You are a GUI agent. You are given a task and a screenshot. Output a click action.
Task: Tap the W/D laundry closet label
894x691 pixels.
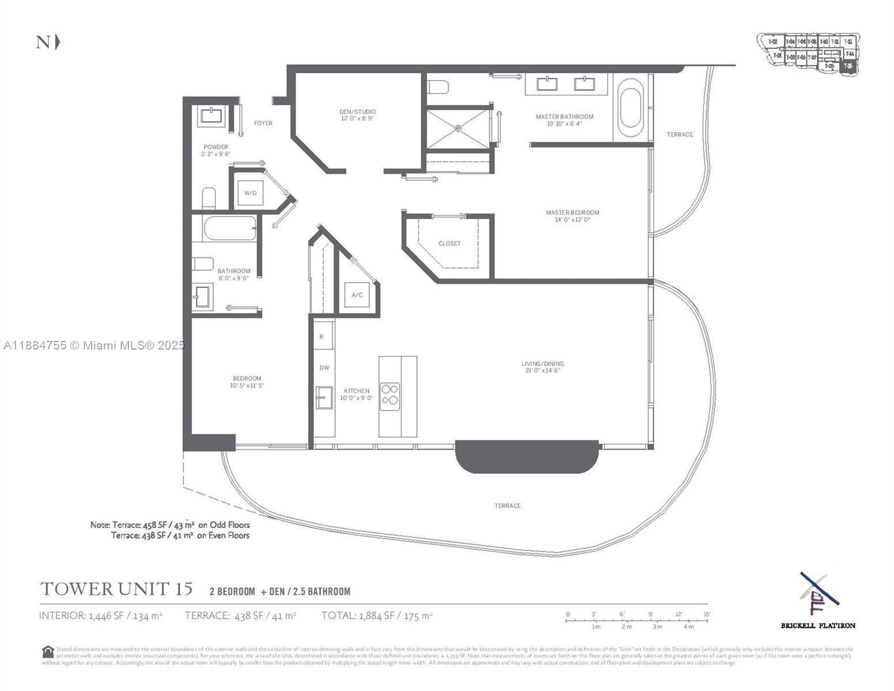(x=250, y=193)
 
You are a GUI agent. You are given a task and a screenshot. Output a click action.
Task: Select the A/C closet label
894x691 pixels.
(x=357, y=295)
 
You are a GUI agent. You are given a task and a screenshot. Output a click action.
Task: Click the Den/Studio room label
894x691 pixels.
(x=357, y=115)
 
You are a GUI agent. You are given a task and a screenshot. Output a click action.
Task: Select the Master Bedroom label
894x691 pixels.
(x=572, y=216)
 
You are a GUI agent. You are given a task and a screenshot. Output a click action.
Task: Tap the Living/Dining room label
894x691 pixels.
(x=542, y=367)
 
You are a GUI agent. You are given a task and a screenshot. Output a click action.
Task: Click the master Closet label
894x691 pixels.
(x=450, y=244)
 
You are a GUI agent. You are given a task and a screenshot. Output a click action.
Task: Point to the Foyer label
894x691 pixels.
(x=263, y=123)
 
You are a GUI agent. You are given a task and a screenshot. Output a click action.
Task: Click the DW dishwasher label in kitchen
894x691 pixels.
(x=324, y=367)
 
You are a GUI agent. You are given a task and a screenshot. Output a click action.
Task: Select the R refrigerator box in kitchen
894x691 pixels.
(x=322, y=337)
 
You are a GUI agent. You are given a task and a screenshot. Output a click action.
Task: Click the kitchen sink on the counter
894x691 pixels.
(x=324, y=398)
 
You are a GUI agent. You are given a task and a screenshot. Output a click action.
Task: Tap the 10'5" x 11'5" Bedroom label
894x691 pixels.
(x=246, y=382)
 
